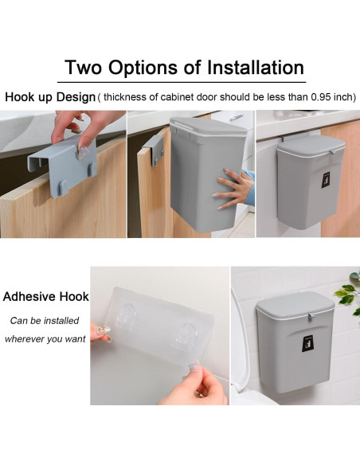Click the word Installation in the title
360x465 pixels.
[256, 68]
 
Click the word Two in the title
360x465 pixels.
[84, 68]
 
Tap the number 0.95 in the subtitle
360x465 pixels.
[321, 97]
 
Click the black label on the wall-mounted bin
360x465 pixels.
[307, 344]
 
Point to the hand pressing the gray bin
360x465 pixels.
[233, 190]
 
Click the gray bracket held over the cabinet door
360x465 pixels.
[63, 165]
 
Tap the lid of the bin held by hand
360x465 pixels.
[209, 127]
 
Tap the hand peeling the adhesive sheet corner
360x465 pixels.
[196, 383]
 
